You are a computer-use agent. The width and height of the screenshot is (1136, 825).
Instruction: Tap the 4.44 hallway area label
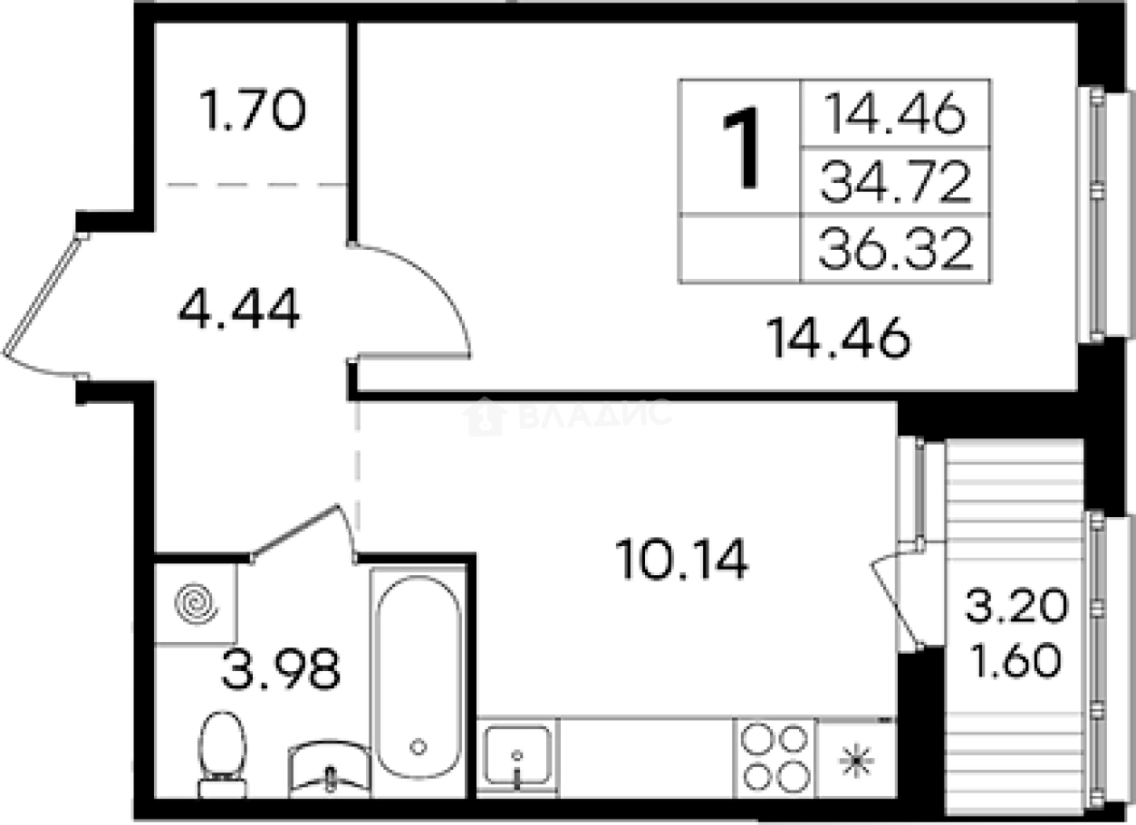[x=238, y=312]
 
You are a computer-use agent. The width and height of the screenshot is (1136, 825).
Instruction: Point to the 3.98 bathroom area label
[x=282, y=671]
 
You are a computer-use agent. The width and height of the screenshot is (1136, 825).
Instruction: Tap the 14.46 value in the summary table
[x=895, y=115]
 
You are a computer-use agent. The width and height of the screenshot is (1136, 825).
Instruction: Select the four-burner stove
[x=774, y=758]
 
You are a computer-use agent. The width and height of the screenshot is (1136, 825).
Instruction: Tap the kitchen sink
[x=516, y=755]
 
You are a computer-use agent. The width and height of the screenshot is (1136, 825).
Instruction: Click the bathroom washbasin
[x=330, y=770]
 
